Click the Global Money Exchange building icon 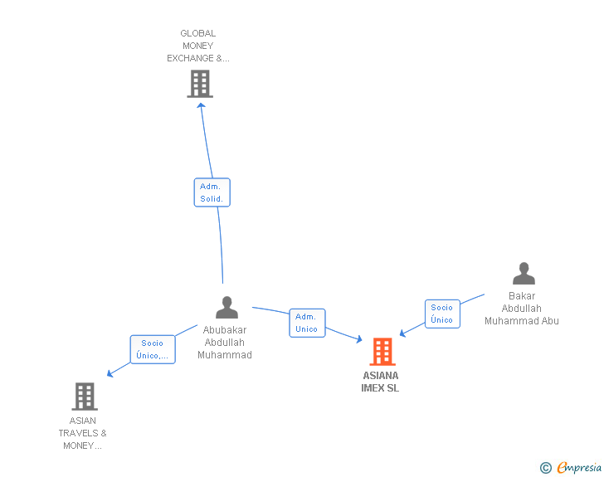pyautogui.click(x=199, y=84)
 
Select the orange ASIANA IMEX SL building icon pyautogui.click(x=382, y=352)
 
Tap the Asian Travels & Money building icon pyautogui.click(x=84, y=397)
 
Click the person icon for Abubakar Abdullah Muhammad pyautogui.click(x=226, y=308)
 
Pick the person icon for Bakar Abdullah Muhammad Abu pyautogui.click(x=524, y=274)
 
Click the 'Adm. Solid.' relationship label pyautogui.click(x=212, y=192)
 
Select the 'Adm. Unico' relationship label pyautogui.click(x=306, y=323)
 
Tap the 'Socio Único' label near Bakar pyautogui.click(x=441, y=314)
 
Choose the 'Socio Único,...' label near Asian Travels pyautogui.click(x=152, y=349)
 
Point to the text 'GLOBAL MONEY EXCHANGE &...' pyautogui.click(x=198, y=46)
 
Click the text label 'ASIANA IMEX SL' pyautogui.click(x=380, y=382)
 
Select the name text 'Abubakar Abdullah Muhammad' pyautogui.click(x=225, y=343)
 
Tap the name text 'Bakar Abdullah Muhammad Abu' pyautogui.click(x=522, y=309)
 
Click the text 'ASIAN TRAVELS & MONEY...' pyautogui.click(x=82, y=433)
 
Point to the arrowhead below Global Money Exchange pyautogui.click(x=201, y=105)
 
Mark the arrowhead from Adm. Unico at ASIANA pyautogui.click(x=358, y=339)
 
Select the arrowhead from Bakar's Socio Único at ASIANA pyautogui.click(x=402, y=333)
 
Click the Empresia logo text pyautogui.click(x=578, y=468)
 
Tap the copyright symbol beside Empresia pyautogui.click(x=545, y=468)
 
